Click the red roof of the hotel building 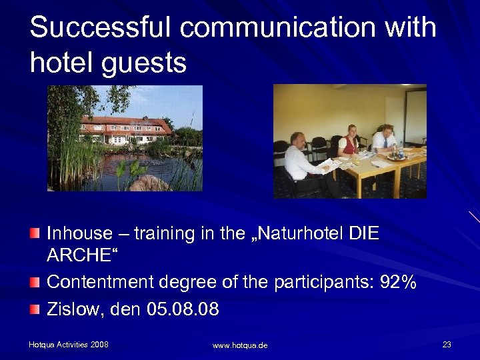pos(127,121)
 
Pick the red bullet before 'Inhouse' pos(35,233)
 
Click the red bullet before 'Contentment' pos(35,282)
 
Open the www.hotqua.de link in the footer pos(240,345)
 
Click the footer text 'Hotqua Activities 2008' pos(69,345)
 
